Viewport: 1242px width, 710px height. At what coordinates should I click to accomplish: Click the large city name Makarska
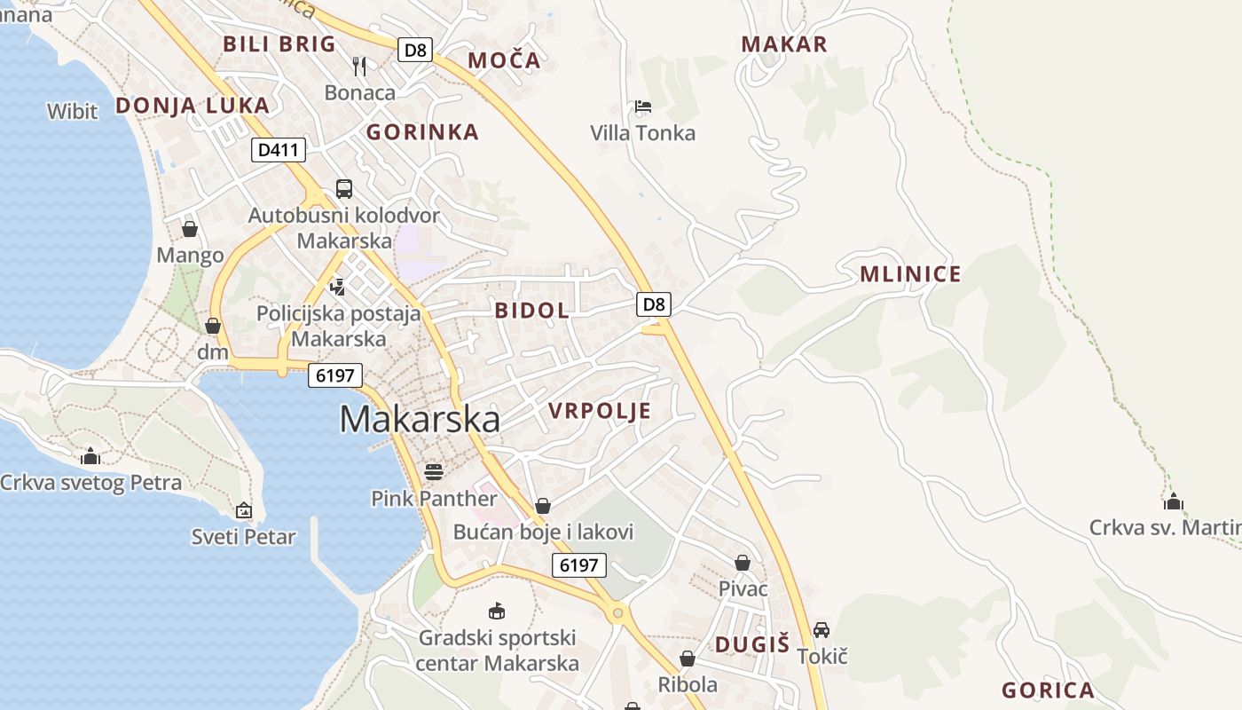pyautogui.click(x=420, y=420)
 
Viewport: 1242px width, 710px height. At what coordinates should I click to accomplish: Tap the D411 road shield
pyautogui.click(x=278, y=150)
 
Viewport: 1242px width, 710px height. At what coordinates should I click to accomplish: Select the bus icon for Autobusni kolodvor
pyautogui.click(x=343, y=188)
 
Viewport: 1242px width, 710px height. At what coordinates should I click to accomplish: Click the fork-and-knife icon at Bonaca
pyautogui.click(x=359, y=66)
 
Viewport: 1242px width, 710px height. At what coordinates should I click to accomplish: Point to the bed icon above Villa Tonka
pyautogui.click(x=643, y=107)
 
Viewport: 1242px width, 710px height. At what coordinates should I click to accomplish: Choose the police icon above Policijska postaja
pyautogui.click(x=337, y=287)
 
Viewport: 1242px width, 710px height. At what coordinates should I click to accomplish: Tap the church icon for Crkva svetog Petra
pyautogui.click(x=90, y=457)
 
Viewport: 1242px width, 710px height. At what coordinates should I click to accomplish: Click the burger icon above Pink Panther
pyautogui.click(x=433, y=471)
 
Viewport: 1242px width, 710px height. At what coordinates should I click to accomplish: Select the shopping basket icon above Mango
pyautogui.click(x=190, y=229)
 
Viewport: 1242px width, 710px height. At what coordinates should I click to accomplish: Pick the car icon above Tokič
pyautogui.click(x=821, y=630)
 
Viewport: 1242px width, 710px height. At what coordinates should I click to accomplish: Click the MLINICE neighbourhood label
pyautogui.click(x=910, y=274)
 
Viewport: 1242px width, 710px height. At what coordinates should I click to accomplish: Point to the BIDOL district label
pyautogui.click(x=532, y=311)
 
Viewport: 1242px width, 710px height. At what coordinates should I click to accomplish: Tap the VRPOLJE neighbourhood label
pyautogui.click(x=600, y=411)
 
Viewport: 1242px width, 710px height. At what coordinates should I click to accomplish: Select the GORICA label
pyautogui.click(x=1048, y=690)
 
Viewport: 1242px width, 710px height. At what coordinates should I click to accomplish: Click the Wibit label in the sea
pyautogui.click(x=73, y=111)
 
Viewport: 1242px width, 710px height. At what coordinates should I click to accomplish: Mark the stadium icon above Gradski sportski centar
pyautogui.click(x=497, y=611)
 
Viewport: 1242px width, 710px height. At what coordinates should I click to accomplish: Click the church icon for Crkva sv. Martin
pyautogui.click(x=1174, y=501)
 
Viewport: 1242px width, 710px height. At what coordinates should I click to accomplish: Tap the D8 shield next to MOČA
pyautogui.click(x=414, y=50)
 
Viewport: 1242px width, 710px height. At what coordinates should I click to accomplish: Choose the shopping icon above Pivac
pyautogui.click(x=743, y=563)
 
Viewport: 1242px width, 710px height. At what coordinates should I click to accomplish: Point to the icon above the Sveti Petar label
pyautogui.click(x=244, y=510)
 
